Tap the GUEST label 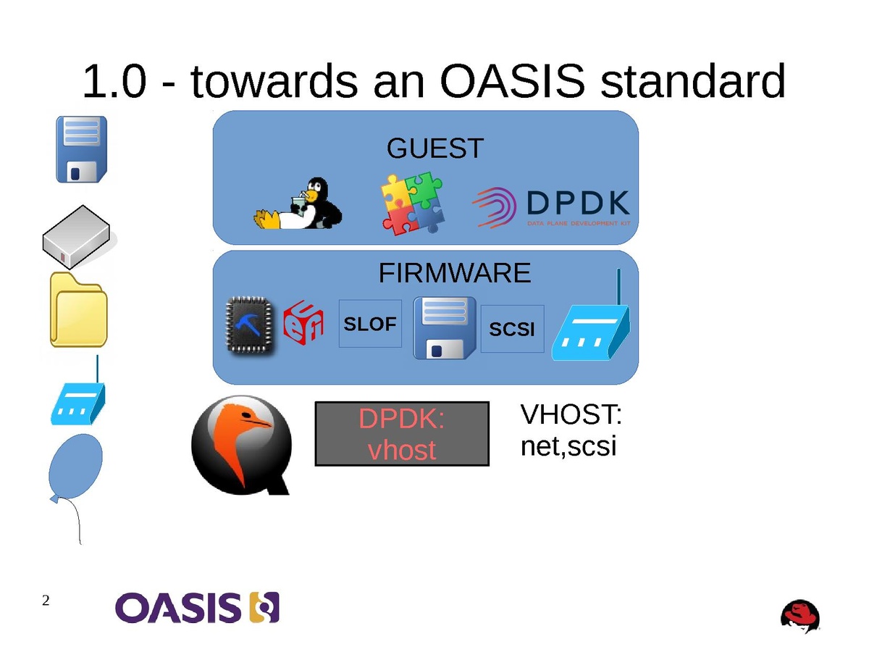[x=434, y=149]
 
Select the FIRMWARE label [x=454, y=273]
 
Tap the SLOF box [x=370, y=324]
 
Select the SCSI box [x=512, y=329]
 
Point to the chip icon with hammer [x=251, y=326]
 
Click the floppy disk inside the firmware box [x=445, y=327]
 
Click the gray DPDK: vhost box [x=402, y=433]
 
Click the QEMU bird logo [x=242, y=443]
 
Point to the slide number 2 [x=46, y=601]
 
